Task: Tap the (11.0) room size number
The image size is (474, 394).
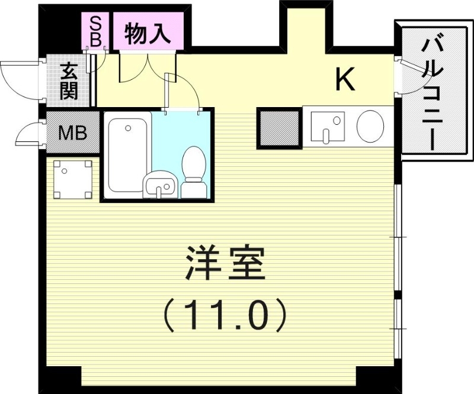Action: point(225,314)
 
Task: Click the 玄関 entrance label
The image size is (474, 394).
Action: point(70,82)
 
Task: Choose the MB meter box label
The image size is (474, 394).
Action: point(72,133)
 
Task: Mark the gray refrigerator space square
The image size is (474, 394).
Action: point(280,127)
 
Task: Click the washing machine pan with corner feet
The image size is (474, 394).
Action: point(73,180)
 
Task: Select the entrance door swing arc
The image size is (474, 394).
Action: point(18,76)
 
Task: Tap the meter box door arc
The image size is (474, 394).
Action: point(27,135)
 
